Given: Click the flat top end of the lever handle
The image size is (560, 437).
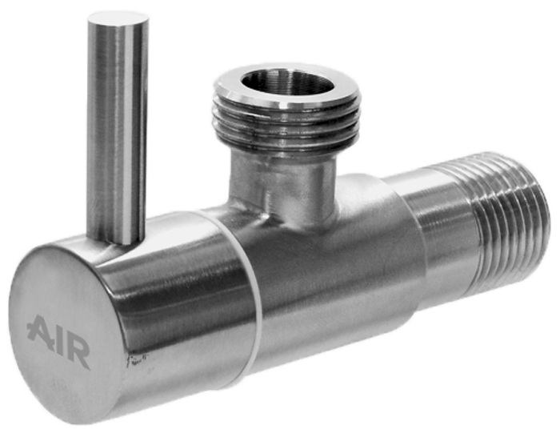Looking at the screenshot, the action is pyautogui.click(x=118, y=18).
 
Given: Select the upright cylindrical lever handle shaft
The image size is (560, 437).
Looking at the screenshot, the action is pyautogui.click(x=117, y=129).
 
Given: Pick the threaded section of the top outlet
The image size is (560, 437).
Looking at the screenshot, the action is pyautogui.click(x=286, y=123).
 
